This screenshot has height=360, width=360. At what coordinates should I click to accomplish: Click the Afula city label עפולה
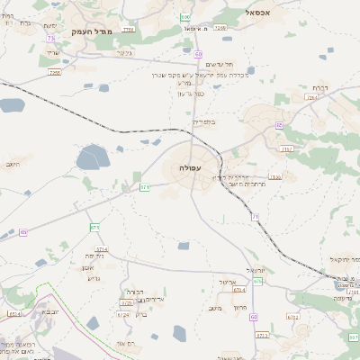190,168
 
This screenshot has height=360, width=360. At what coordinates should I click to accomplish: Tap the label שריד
51,52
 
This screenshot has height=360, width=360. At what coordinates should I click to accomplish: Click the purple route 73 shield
50,38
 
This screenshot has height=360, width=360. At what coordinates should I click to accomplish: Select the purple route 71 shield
256,217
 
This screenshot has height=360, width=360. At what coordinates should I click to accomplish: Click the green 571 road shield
145,187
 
